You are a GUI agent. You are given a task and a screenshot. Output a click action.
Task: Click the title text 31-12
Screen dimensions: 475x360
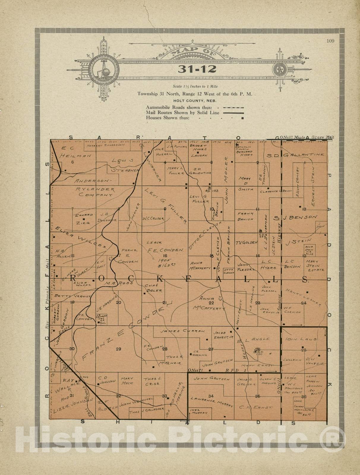coord(197,69)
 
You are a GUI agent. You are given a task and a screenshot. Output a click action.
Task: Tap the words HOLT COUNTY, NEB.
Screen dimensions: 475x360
coord(195,101)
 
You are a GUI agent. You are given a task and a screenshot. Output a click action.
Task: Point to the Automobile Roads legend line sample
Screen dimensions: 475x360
coord(233,107)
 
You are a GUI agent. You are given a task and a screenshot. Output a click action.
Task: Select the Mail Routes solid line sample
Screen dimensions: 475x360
coord(233,113)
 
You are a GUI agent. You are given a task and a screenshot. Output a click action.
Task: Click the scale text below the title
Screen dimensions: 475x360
coord(195,86)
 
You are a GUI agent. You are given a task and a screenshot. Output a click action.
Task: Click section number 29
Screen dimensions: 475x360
coord(118,349)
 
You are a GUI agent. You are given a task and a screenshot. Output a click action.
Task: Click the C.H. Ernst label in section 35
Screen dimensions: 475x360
coord(256,408)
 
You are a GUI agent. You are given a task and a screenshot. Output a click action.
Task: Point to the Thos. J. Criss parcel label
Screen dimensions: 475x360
coord(152,381)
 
